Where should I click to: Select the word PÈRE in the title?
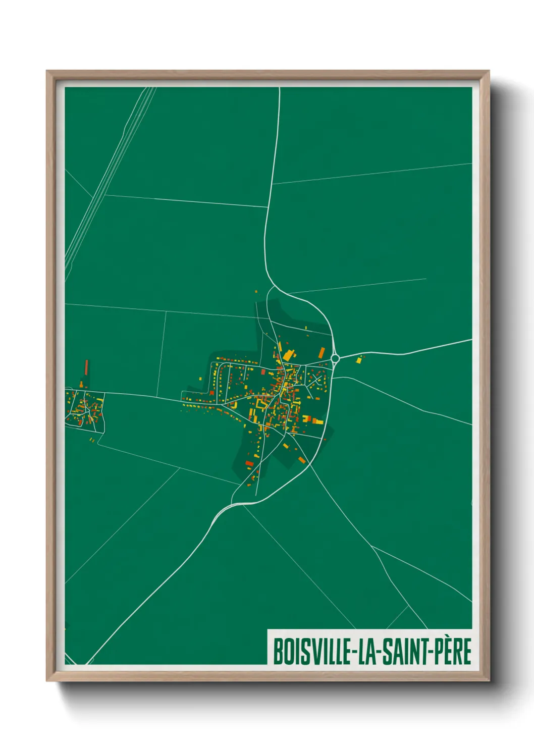(x=452, y=652)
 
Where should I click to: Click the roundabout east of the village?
(x=335, y=358)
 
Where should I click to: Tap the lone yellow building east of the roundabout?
(x=359, y=360)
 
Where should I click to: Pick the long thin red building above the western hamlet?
(x=86, y=366)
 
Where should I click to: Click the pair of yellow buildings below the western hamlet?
(x=92, y=440)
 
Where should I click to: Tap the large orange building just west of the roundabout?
(x=321, y=352)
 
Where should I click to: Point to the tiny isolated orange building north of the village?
(x=256, y=292)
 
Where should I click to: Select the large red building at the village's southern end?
(x=249, y=463)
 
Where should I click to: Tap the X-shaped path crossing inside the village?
(x=316, y=378)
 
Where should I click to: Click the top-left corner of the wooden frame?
(x=48, y=72)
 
